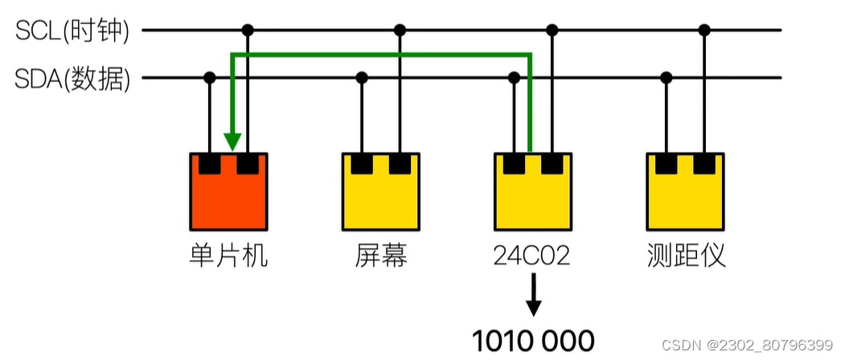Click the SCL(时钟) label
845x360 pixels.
[73, 31]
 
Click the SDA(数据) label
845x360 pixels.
[73, 79]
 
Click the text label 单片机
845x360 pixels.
[228, 256]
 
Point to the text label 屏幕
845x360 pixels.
[381, 256]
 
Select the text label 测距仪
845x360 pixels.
[686, 256]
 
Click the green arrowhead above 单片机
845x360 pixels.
[232, 143]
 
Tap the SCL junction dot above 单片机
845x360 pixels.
[248, 31]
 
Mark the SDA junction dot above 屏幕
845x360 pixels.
[363, 78]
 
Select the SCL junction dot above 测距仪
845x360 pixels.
[704, 31]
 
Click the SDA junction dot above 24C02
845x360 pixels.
[514, 78]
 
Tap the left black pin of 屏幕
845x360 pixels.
[363, 164]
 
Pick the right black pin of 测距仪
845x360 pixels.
[704, 164]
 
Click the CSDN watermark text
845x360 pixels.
[747, 345]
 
